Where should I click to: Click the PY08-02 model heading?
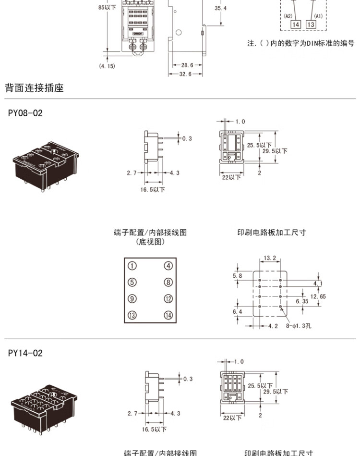25,113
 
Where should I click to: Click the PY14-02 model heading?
25,353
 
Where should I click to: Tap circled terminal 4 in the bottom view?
168,266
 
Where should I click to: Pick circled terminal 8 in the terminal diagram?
168,283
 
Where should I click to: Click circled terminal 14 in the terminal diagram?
168,315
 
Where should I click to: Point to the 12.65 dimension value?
318,296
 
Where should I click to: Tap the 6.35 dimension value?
302,301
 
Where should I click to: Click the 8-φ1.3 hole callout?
299,326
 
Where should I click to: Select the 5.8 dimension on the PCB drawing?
237,276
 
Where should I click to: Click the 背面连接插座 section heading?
34,88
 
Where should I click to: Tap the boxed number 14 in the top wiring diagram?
296,25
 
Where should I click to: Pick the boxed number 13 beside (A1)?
311,25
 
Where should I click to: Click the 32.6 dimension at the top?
185,74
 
